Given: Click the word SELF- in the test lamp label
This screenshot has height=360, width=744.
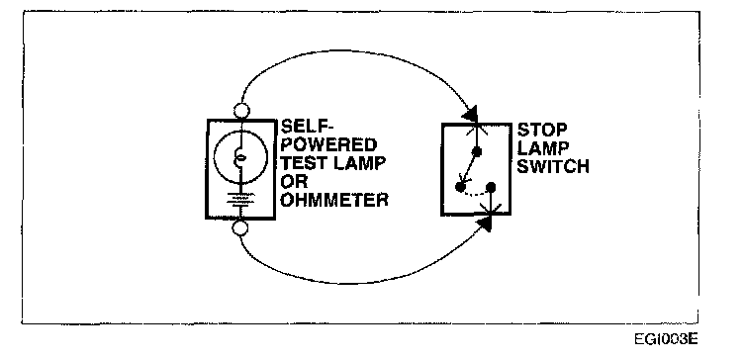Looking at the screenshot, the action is pos(307,127).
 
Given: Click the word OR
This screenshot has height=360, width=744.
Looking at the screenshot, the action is pos(294,181).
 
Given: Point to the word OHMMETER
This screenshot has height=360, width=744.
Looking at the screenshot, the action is pos(334,200).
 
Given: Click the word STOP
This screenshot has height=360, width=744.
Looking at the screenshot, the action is pos(542,130).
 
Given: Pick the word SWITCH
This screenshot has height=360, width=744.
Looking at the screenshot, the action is pos(553,166).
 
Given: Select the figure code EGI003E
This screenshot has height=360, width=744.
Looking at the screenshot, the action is pos(666,339).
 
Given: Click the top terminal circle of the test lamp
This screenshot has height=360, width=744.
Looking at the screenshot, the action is pos(241,111).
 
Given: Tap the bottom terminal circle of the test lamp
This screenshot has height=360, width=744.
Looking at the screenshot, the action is pos(240,228).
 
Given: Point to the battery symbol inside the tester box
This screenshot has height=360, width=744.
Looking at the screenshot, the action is pos(240,199).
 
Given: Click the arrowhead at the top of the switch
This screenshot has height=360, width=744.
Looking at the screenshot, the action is pos(472,114).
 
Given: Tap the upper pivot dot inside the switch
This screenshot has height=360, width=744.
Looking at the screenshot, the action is pos(477,151).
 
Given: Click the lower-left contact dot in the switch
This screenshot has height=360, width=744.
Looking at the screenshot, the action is pos(460,186).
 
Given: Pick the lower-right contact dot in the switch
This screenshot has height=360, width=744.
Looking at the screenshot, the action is pos(491,187).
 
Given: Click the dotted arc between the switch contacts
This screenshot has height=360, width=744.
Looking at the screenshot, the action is pos(475,194).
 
